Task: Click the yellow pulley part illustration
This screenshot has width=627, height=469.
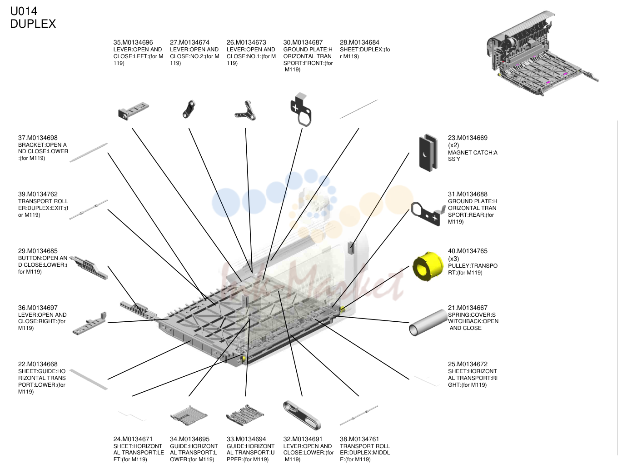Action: pos(428,266)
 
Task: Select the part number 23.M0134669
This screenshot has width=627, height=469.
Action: pos(468,138)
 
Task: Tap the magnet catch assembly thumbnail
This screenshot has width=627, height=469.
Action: pos(428,153)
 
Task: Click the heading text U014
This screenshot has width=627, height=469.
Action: pos(24,11)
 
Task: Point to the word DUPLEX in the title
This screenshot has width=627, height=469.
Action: pos(33,24)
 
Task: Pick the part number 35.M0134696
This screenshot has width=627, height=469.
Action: pos(133,42)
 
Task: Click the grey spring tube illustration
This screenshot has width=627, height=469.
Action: pos(428,323)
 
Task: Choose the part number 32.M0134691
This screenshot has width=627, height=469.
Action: pos(303,439)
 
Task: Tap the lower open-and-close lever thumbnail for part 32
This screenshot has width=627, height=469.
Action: pos(302,415)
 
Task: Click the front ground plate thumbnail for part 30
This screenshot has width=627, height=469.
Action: pos(301,110)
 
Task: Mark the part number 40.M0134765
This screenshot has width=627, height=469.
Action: pos(468,251)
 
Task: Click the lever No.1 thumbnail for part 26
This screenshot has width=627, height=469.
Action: pos(245,110)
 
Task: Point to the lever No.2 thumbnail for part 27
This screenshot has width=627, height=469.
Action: pos(189,109)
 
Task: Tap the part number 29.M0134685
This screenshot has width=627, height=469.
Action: pos(38,251)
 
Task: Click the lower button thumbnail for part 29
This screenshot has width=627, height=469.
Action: pos(89,267)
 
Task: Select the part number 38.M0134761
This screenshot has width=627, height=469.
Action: pos(359,439)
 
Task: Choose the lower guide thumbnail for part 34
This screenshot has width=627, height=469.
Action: pos(189,415)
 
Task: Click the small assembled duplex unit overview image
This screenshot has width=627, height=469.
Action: pos(542,54)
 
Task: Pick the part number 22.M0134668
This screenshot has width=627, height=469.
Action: pos(38,364)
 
